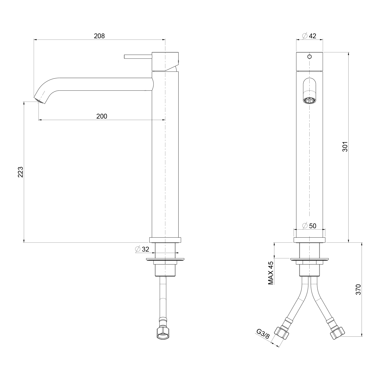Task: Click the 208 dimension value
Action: click(x=99, y=36)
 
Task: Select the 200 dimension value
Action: click(x=102, y=116)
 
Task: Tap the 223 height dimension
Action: click(x=21, y=172)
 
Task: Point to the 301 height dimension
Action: click(x=345, y=146)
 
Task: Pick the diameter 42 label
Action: click(x=309, y=36)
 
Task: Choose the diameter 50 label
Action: click(x=309, y=225)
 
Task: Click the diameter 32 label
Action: click(x=142, y=249)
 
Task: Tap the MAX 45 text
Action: click(x=271, y=273)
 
